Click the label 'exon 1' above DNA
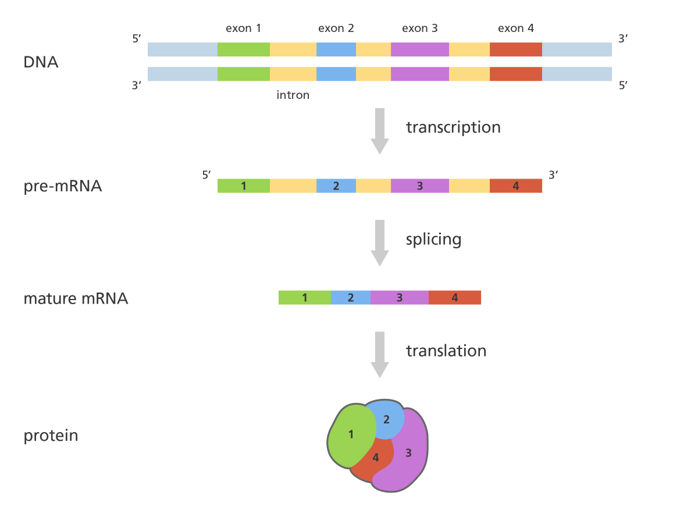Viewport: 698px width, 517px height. point(244,28)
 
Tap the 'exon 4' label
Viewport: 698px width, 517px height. point(515,28)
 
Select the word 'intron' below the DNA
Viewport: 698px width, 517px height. point(293,95)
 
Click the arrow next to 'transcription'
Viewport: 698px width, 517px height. point(379,130)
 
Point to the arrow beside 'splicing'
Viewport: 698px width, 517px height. point(379,243)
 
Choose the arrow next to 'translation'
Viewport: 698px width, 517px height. point(379,354)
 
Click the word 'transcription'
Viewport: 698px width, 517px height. point(453,127)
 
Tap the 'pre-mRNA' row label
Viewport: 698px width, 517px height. point(63,187)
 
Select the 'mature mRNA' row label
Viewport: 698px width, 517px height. point(76,299)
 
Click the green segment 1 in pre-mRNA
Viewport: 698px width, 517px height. point(243,186)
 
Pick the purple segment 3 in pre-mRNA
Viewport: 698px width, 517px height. point(419,186)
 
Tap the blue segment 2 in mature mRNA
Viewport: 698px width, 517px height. point(350,298)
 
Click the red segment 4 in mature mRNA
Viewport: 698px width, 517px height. point(455,298)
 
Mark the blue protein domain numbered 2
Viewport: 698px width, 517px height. point(387,419)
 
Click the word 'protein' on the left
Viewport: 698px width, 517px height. point(51,435)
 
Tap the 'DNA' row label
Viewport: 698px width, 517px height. point(41,62)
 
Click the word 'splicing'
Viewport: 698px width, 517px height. point(433,239)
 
